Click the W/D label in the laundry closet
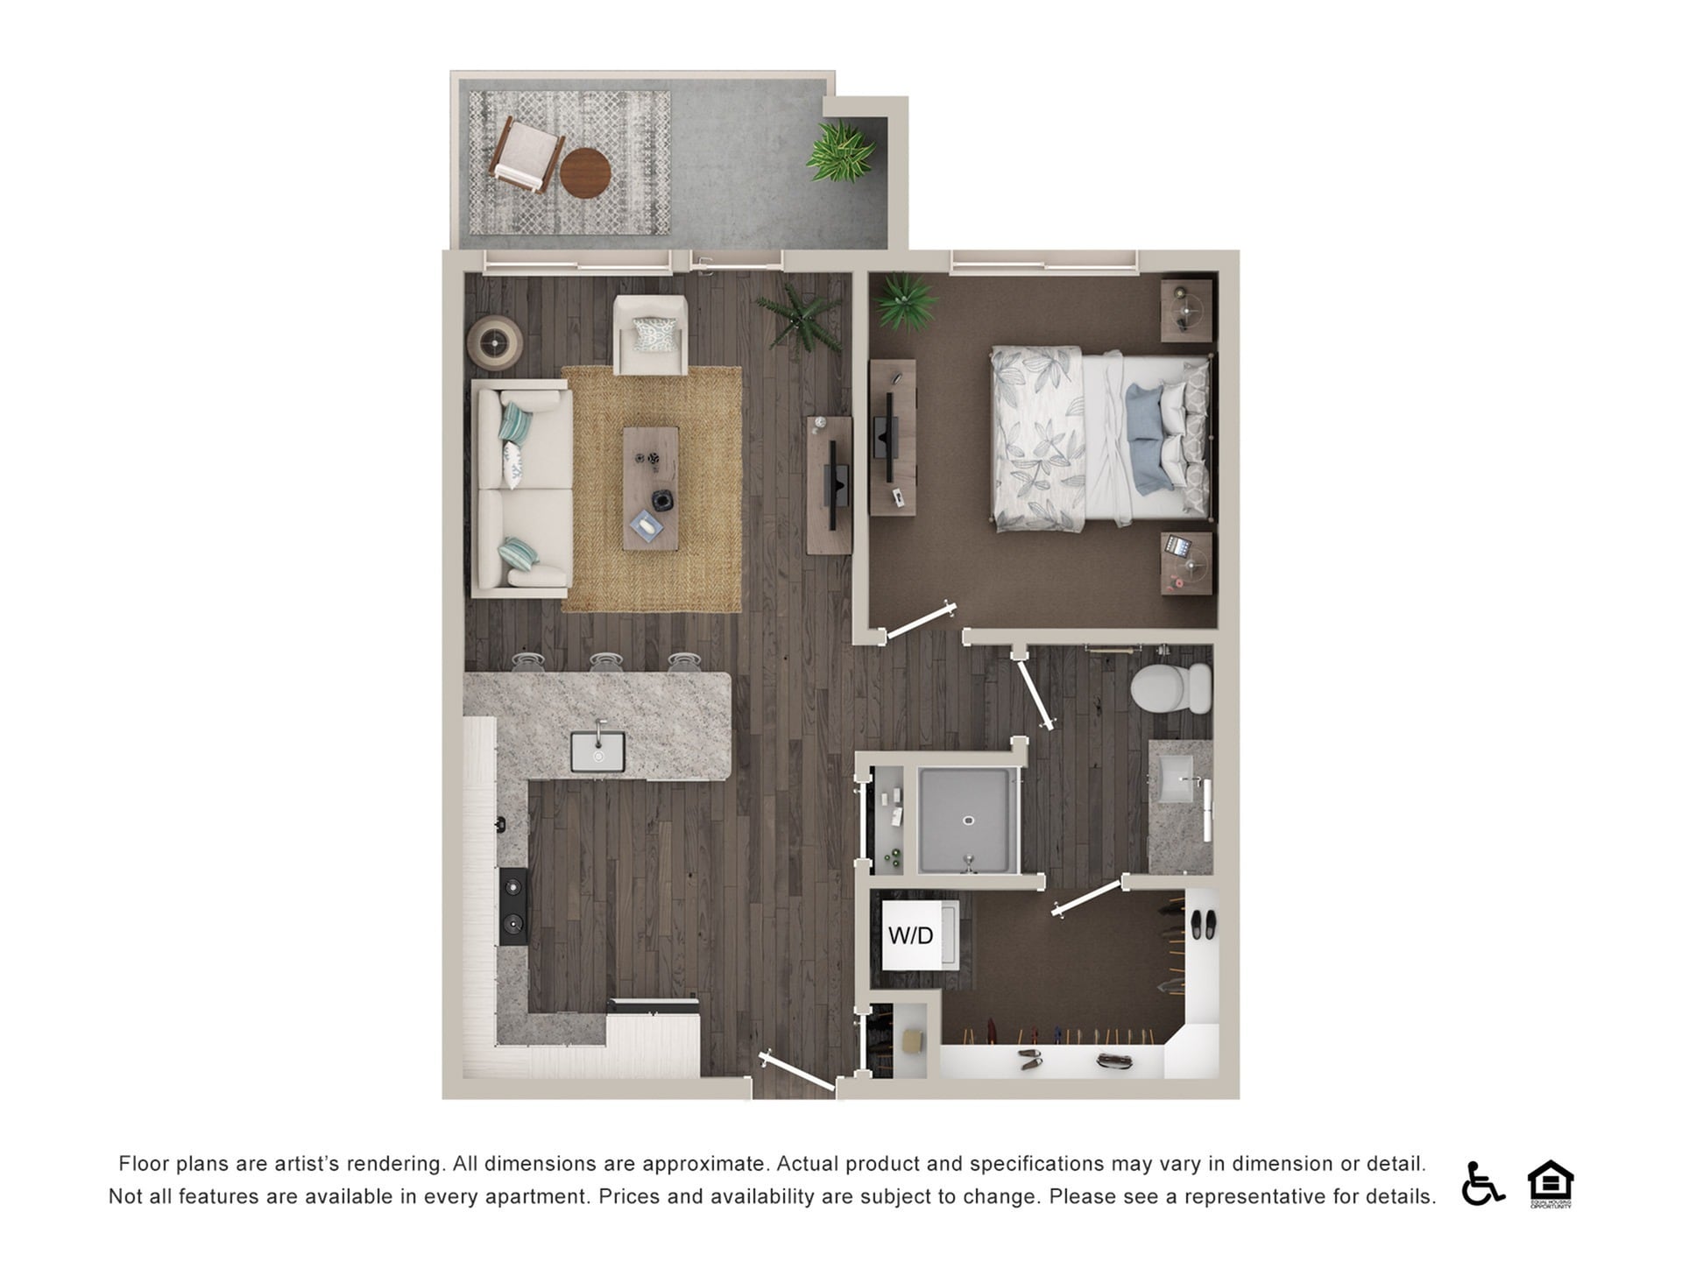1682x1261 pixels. [x=910, y=935]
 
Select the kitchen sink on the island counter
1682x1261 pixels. [x=597, y=751]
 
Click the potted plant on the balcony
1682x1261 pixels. [x=840, y=151]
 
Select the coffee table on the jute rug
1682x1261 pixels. [x=650, y=488]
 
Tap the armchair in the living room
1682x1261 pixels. [x=650, y=335]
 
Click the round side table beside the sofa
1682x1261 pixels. [x=495, y=342]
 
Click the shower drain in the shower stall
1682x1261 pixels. [x=968, y=821]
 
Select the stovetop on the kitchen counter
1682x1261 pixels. [x=512, y=906]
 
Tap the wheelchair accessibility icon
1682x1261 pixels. [x=1481, y=1183]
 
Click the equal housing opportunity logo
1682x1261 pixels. [x=1550, y=1183]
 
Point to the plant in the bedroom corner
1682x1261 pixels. [x=905, y=300]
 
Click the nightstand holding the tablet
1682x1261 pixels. [x=1187, y=563]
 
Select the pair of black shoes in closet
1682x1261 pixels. [x=1202, y=923]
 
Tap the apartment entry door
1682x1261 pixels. [x=797, y=1073]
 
